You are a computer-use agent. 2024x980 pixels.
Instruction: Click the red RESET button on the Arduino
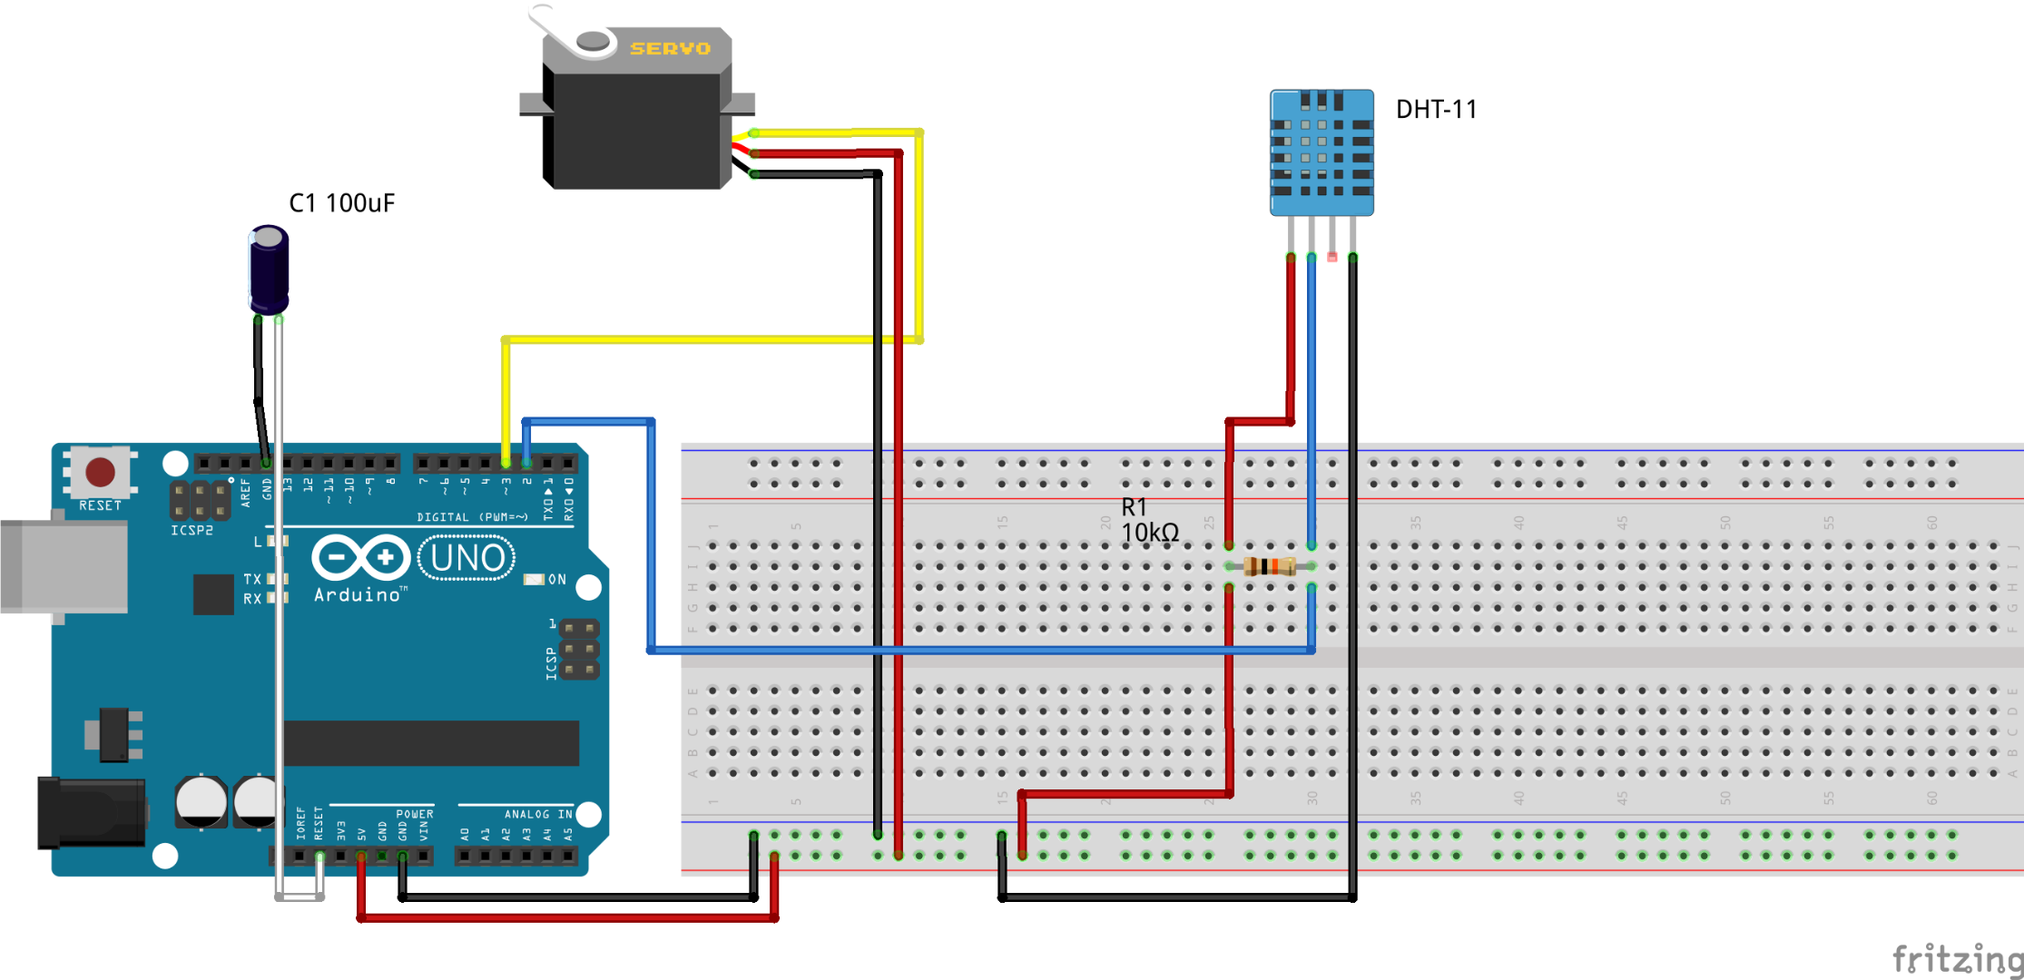click(x=100, y=472)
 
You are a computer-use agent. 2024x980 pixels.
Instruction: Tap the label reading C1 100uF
click(x=341, y=203)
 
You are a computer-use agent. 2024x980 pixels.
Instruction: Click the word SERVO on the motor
click(x=670, y=48)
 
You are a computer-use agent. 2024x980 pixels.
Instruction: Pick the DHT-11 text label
click(x=1436, y=110)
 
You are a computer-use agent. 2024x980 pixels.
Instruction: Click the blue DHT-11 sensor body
click(x=1321, y=152)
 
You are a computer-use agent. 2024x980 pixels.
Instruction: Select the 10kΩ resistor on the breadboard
click(x=1269, y=567)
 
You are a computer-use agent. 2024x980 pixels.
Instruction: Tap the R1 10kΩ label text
click(x=1149, y=521)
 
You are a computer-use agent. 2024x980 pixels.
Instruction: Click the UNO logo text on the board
click(x=467, y=558)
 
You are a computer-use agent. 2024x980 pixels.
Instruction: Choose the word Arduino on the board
click(x=358, y=595)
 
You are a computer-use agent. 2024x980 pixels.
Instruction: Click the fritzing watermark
click(x=1957, y=958)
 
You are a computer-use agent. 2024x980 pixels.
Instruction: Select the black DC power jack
click(x=91, y=813)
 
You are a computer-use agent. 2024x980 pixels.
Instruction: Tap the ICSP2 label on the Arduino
click(x=192, y=531)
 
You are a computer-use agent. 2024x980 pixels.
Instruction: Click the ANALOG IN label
click(x=539, y=814)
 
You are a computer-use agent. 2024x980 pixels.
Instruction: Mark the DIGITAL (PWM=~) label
click(x=472, y=517)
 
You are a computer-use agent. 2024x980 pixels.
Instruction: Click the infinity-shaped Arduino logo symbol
click(x=360, y=557)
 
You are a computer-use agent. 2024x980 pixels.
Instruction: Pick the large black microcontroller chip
click(x=431, y=743)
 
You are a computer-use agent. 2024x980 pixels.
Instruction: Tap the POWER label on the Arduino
click(x=415, y=814)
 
